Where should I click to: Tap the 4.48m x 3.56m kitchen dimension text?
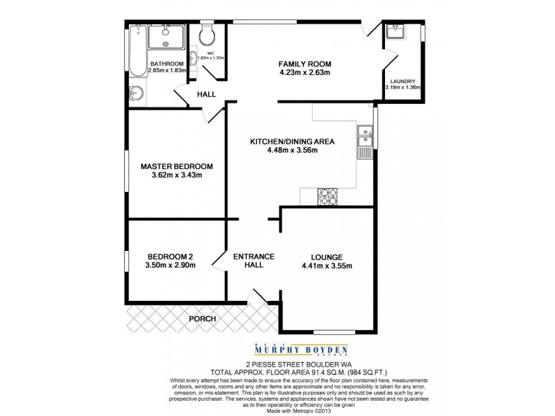pos(293,150)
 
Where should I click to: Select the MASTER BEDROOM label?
pos(176,166)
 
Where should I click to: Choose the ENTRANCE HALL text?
pos(253,261)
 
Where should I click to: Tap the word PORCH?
pos(202,319)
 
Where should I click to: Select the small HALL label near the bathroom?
pos(206,94)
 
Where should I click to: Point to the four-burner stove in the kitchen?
pos(327,197)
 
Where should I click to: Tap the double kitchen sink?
pos(364,137)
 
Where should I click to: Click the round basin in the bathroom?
pos(135,94)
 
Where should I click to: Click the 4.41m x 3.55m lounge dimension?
pos(327,266)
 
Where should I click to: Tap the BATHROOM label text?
pos(166,64)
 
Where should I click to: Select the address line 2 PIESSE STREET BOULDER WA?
pos(277,363)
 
